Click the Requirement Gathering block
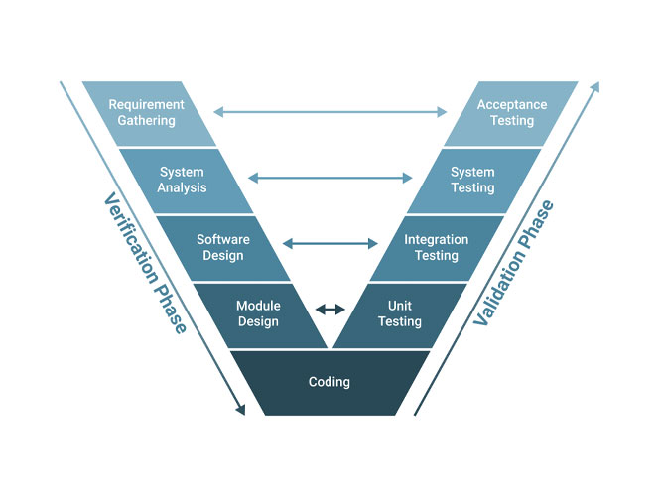point(149,113)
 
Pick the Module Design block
point(259,313)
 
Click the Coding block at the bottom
point(329,382)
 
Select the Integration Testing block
point(436,247)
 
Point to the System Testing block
point(473,180)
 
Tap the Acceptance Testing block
point(510,113)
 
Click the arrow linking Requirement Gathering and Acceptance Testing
point(330,113)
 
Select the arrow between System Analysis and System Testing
point(330,179)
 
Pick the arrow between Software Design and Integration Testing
point(330,243)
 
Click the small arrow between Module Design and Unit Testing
point(329,310)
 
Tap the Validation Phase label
point(513,263)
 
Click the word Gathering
point(146,121)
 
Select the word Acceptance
point(512,105)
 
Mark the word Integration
point(437,239)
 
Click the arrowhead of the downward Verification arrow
point(239,409)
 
